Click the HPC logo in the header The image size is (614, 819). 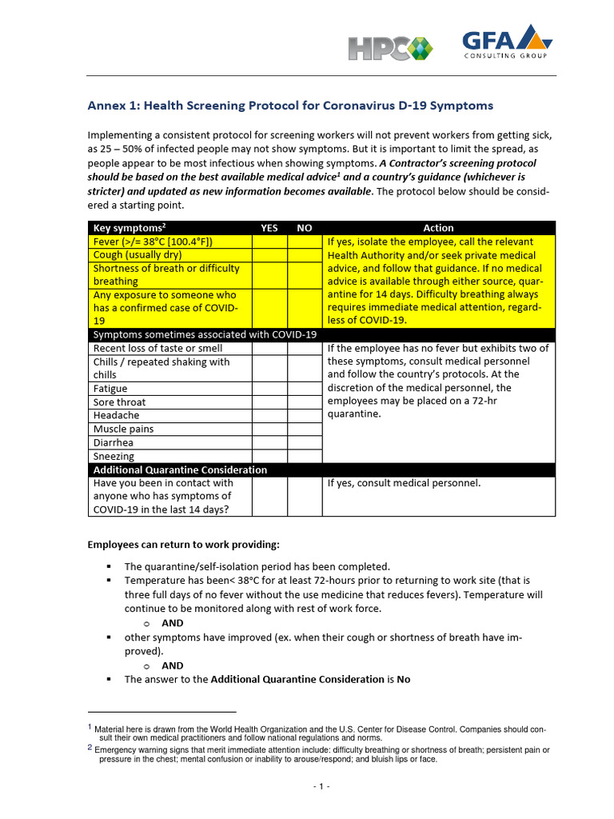point(389,47)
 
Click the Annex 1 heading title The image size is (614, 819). point(289,106)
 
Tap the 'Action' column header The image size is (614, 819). point(438,228)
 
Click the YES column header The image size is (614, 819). point(269,228)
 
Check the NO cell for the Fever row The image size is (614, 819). point(304,242)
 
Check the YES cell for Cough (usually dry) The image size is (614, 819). point(269,255)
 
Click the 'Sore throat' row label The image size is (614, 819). point(120,402)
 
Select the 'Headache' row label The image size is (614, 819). point(117,416)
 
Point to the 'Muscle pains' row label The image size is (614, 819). point(124,429)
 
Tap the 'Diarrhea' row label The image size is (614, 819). point(114,443)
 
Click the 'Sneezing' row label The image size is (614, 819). point(114,457)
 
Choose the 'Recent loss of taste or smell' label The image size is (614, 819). point(158,349)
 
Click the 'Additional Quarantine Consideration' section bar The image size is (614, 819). point(180,470)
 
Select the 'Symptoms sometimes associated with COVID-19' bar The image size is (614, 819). point(205,334)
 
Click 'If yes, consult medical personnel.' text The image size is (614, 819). point(405,483)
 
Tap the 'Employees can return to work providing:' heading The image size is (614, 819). point(184,545)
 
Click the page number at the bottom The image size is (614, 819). point(321,787)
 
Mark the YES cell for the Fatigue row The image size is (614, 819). point(269,389)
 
